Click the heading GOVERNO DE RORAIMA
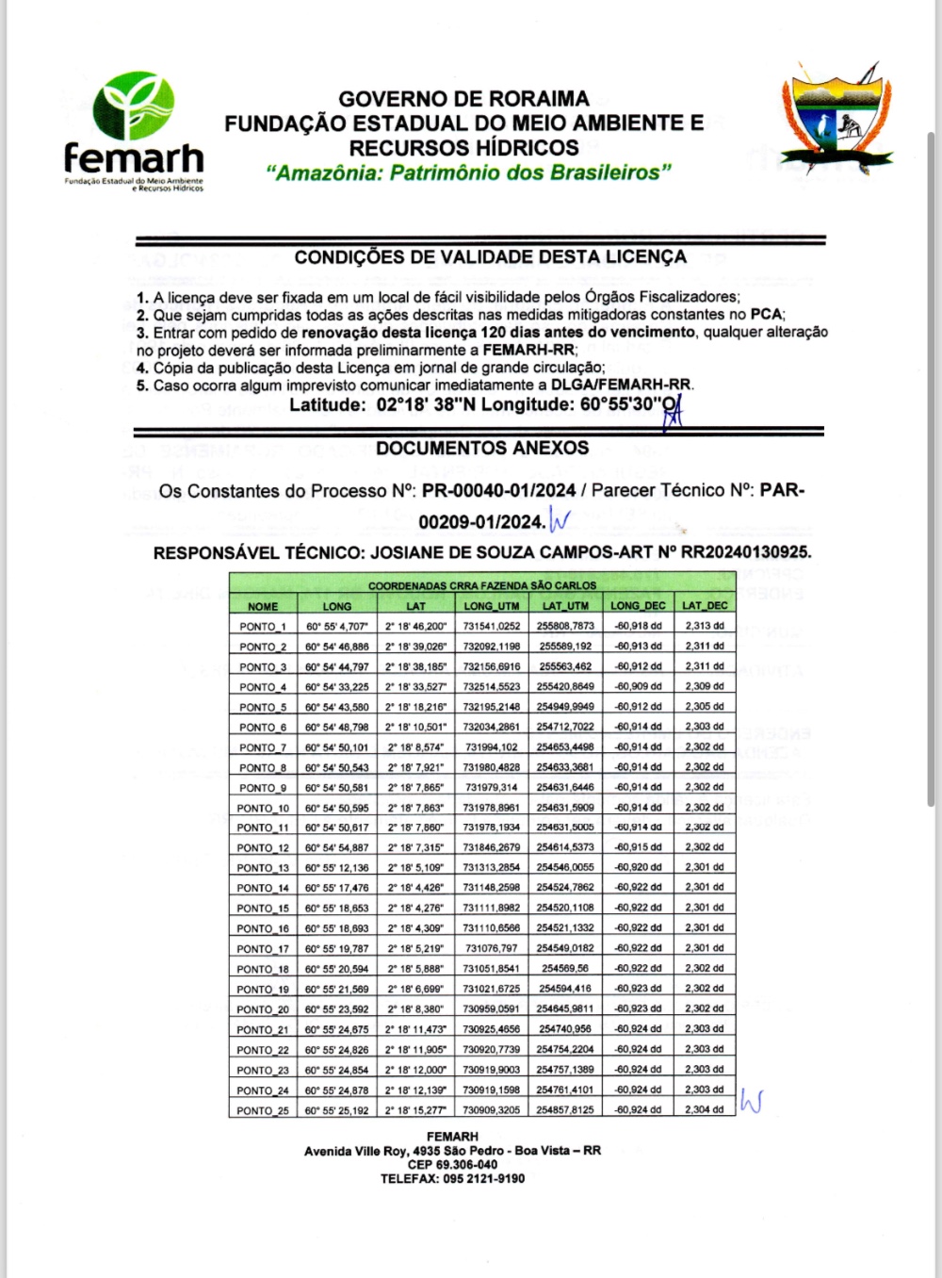463,99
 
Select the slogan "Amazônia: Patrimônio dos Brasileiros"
468,172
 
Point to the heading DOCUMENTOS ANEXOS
482,449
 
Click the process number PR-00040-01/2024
499,491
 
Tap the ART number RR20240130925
743,553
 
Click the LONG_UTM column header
491,606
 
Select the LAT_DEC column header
705,606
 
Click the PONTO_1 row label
263,627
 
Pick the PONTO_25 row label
263,1110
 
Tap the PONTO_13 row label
263,868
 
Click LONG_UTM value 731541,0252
491,626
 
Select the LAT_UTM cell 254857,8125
565,1110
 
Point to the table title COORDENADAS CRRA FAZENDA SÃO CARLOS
482,585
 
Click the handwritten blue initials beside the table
751,1101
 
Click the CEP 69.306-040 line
452,1165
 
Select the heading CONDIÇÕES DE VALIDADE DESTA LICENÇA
490,257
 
